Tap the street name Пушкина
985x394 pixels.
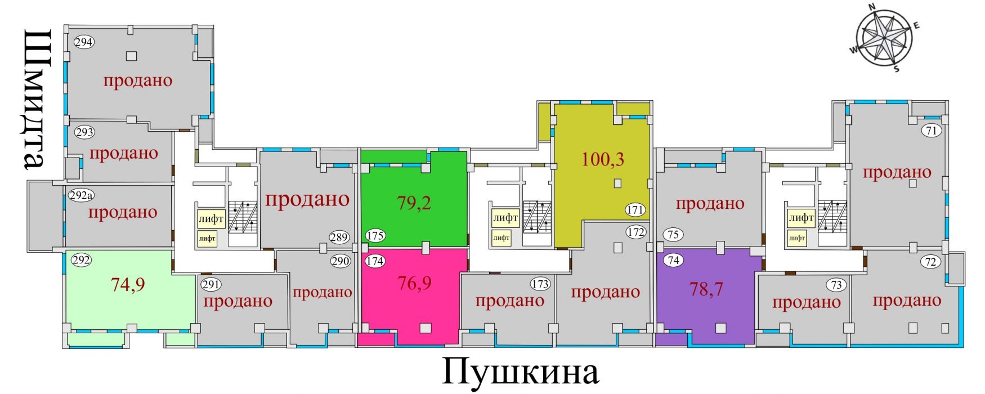click(521, 372)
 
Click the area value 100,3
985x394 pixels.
click(603, 159)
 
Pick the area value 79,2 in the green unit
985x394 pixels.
click(414, 203)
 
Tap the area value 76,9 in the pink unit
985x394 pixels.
click(414, 283)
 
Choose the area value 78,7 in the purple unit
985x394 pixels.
click(706, 289)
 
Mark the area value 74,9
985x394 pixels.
click(128, 284)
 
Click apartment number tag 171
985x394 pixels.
click(635, 211)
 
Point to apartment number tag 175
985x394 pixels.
click(375, 235)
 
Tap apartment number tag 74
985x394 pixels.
click(673, 260)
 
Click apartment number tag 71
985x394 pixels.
click(932, 131)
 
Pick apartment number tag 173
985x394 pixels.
click(540, 284)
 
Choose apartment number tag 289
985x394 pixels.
click(339, 237)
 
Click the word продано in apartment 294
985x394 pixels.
click(138, 80)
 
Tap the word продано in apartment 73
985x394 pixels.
click(807, 303)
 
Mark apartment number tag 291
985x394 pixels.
click(211, 284)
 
